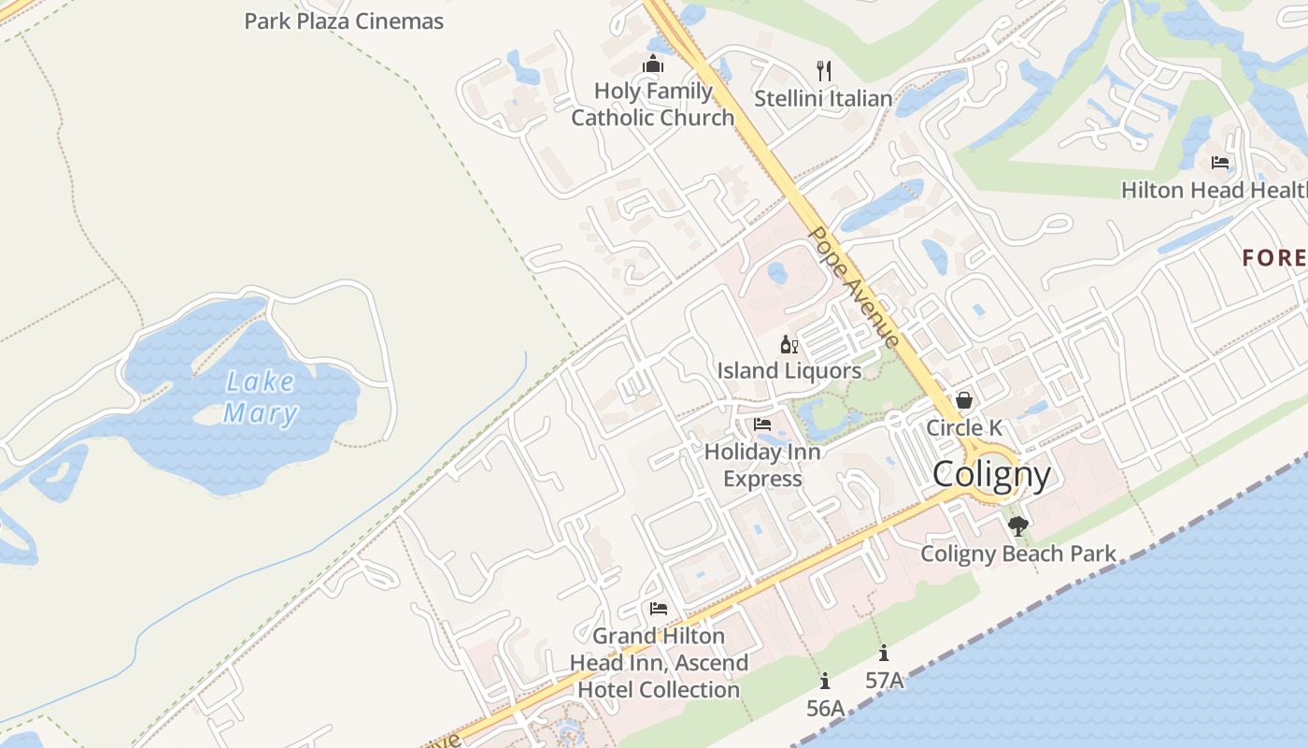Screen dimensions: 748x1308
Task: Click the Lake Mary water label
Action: pos(260,397)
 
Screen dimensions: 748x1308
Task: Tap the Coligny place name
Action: pos(991,475)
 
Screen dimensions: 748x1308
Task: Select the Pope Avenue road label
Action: pos(855,286)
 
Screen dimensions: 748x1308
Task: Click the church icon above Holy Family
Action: pos(652,65)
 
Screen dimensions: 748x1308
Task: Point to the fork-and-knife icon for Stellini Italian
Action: pos(823,70)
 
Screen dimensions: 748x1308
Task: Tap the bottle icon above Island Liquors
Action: pos(789,345)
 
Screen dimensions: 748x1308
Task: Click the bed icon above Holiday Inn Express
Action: pos(762,424)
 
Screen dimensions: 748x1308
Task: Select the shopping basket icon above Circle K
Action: pos(963,400)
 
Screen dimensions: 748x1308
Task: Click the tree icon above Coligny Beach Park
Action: pos(1018,526)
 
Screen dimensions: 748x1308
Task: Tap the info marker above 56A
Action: pos(824,682)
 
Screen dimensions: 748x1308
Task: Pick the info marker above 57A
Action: pos(883,654)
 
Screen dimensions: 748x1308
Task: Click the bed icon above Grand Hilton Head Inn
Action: pos(659,609)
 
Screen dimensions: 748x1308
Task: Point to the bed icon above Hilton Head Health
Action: pos(1220,163)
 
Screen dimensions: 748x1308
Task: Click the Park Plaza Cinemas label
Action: pos(344,21)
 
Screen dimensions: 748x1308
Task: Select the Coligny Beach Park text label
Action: pos(1018,554)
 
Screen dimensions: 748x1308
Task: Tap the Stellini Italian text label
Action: pos(823,98)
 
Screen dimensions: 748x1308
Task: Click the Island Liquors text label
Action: pos(789,371)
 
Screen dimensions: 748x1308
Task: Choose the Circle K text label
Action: pos(964,428)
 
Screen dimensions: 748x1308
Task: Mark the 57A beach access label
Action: pos(884,680)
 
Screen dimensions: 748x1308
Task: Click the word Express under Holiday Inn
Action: pos(762,479)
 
